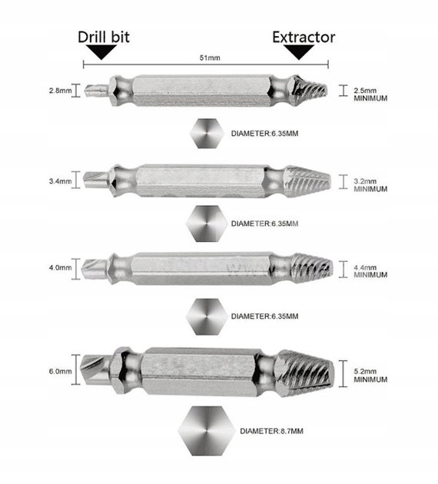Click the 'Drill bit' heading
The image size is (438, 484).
point(104,37)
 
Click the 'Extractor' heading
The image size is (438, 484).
point(304,38)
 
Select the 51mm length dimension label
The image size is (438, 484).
point(210,58)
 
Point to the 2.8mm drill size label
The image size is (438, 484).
point(60,91)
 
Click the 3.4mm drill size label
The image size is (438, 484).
point(60,181)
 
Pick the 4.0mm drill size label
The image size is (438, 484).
point(60,267)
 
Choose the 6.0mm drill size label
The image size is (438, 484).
point(60,371)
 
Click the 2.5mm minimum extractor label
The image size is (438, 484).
point(370,94)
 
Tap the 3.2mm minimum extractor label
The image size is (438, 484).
point(370,185)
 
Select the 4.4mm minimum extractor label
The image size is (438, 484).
point(370,271)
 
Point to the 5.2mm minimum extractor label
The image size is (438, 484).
point(370,376)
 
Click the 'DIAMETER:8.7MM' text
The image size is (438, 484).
point(271,431)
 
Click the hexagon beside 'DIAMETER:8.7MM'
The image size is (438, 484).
point(206,431)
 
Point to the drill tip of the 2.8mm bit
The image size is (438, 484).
point(86,91)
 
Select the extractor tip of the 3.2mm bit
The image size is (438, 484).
point(330,181)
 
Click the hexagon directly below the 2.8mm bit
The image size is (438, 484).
point(207,134)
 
